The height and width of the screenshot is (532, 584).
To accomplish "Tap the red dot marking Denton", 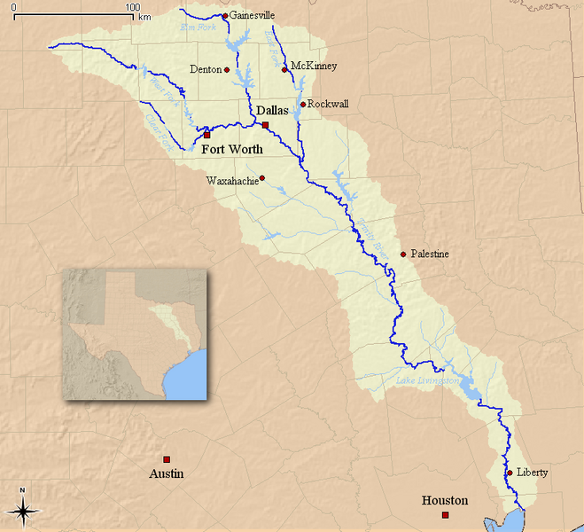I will coord(227,69).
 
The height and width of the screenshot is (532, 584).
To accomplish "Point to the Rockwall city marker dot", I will coord(302,104).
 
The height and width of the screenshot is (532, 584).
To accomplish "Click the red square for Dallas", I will coord(265,125).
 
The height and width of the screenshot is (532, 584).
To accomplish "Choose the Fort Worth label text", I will coord(232,149).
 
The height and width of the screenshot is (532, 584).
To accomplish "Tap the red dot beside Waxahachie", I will coord(261,178).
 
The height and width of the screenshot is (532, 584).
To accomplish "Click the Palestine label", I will coord(430,254).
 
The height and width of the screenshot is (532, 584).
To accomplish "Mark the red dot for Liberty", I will coord(509,473).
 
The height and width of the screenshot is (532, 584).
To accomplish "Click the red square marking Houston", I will coord(446,515).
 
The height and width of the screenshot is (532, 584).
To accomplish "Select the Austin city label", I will coord(167,473).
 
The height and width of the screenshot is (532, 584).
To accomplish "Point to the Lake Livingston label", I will coord(428,380).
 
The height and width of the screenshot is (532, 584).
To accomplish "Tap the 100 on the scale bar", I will coord(132,7).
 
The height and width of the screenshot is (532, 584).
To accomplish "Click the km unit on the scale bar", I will coord(144,17).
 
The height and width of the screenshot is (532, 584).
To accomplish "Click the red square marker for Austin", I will coord(167,459).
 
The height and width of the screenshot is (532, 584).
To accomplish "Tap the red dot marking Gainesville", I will coord(225,15).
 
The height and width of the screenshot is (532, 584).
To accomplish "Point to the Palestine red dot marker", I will coord(403,254).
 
